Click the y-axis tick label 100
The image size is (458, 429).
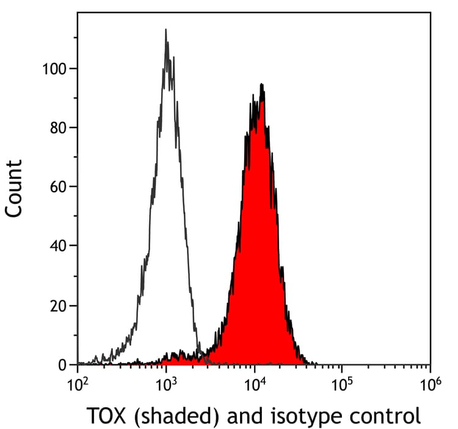[54, 68]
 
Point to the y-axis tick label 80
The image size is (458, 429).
[59, 128]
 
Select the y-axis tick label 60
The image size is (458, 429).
[59, 187]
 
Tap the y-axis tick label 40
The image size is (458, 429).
[59, 246]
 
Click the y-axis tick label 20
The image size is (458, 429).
[59, 305]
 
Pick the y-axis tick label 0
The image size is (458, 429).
[63, 365]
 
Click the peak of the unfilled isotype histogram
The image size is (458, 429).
[165, 30]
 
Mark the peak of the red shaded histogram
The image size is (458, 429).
[261, 85]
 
